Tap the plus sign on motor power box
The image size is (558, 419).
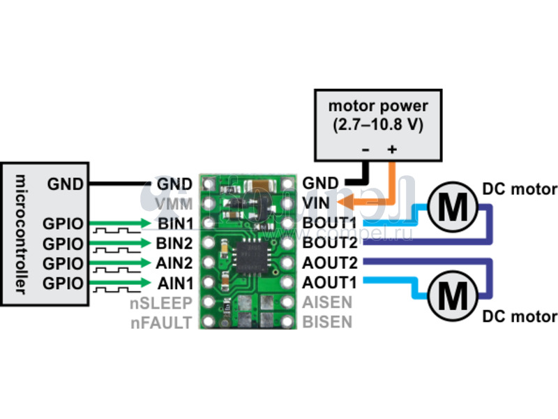(392, 149)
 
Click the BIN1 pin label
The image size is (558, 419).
(174, 223)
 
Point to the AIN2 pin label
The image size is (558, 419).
(174, 263)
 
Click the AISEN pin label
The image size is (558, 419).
(327, 303)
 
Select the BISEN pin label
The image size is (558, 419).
(327, 323)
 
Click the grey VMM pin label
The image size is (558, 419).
(175, 203)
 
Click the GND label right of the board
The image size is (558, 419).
(321, 184)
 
